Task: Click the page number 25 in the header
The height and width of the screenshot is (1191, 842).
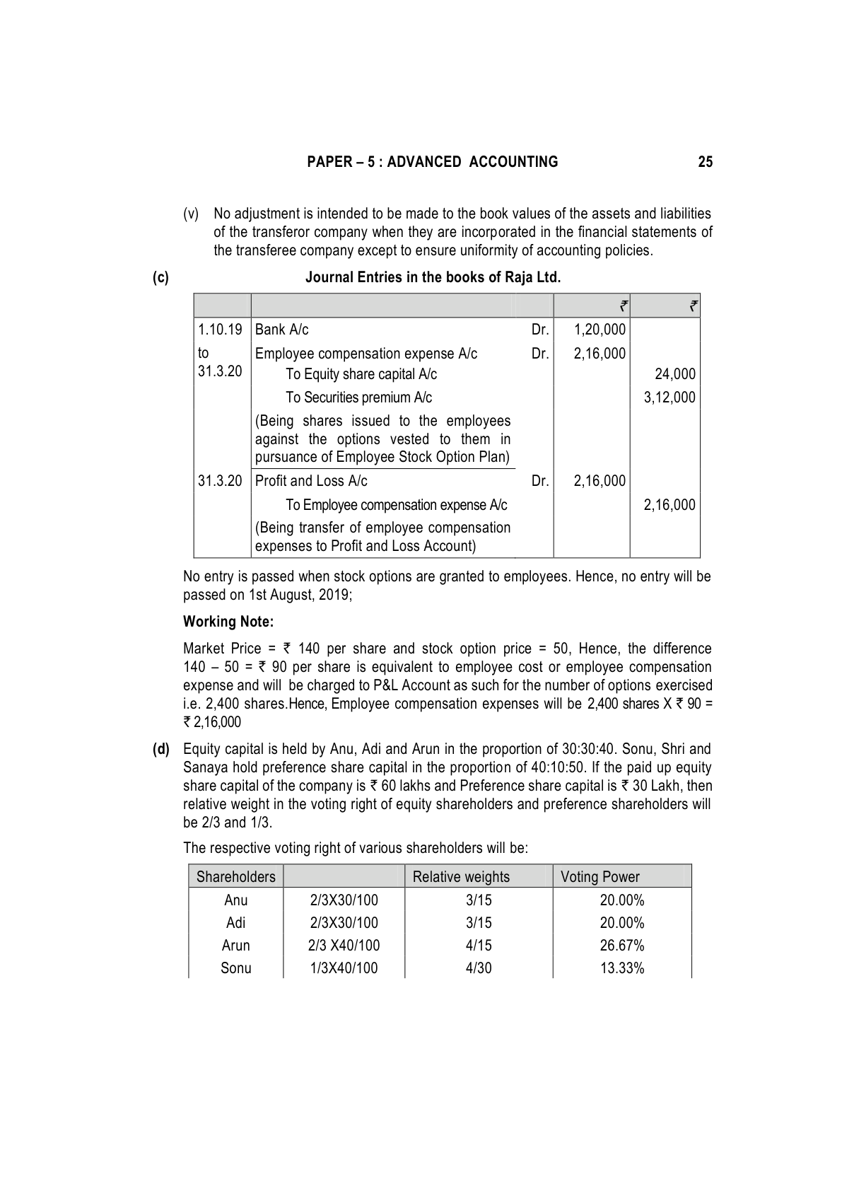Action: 705,162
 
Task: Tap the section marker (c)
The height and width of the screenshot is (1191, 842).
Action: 160,277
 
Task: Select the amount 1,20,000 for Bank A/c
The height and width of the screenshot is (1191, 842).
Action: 600,330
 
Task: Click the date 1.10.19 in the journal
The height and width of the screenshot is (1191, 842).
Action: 220,330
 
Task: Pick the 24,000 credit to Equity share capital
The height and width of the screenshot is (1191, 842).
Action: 674,374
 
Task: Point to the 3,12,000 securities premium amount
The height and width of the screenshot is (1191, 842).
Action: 669,397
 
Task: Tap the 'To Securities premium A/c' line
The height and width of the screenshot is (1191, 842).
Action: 358,397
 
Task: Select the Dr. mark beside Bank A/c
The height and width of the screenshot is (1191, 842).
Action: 540,330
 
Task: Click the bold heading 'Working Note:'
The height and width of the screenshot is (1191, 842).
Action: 228,622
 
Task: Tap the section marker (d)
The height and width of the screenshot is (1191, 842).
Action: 161,749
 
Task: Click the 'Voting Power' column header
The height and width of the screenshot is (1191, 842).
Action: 600,877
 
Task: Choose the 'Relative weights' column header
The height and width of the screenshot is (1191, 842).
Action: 461,877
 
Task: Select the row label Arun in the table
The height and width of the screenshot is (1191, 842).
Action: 235,946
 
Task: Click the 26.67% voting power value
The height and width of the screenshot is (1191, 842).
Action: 622,946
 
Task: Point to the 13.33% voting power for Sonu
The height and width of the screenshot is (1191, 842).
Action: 622,968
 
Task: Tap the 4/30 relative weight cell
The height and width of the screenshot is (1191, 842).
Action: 479,968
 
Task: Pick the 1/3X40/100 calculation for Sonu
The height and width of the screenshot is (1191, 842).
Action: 344,968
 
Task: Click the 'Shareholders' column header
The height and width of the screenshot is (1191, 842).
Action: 235,877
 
